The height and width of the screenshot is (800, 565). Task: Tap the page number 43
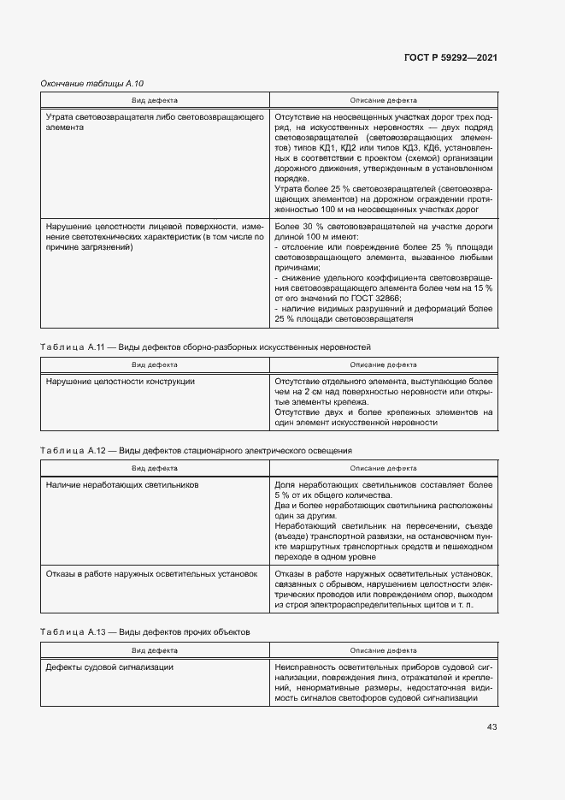click(491, 726)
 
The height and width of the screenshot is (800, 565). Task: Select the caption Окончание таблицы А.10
click(92, 83)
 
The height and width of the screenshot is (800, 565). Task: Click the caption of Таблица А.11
click(205, 347)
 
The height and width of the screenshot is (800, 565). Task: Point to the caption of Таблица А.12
click(196, 450)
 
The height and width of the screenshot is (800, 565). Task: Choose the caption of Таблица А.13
click(145, 631)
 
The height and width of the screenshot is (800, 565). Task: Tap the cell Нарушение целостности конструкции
click(121, 381)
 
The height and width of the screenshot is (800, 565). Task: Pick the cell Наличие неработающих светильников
click(122, 484)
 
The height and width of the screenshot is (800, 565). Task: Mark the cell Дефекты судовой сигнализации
click(110, 667)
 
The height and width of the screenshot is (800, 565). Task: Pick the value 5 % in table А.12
click(283, 495)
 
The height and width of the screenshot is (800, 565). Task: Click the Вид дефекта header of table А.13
click(154, 650)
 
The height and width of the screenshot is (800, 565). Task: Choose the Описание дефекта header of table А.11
click(384, 364)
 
